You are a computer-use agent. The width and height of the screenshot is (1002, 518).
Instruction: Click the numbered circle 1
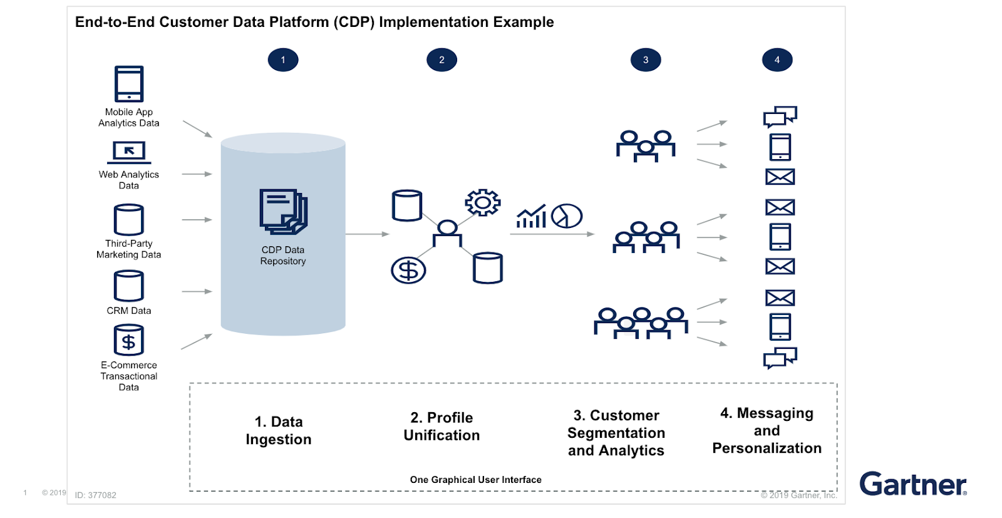point(283,60)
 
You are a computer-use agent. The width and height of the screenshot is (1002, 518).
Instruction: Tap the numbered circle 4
point(777,60)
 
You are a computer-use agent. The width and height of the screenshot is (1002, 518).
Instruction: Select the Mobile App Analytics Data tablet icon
point(129,84)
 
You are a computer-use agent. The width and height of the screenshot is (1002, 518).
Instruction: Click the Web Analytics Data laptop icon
point(129,152)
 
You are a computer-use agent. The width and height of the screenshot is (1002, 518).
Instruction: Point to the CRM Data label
point(128,311)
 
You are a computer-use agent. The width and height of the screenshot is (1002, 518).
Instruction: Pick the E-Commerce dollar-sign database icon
point(129,340)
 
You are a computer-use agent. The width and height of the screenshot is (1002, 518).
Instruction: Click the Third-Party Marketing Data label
point(128,249)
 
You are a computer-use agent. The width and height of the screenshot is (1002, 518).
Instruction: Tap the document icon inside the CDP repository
point(283,212)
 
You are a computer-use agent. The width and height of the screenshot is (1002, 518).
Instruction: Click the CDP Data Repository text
point(283,256)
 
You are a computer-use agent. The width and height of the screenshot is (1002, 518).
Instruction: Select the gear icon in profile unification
point(482,202)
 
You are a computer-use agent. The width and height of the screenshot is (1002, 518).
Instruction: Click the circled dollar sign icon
point(408,271)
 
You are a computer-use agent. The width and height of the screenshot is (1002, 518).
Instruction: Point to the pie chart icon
point(567,216)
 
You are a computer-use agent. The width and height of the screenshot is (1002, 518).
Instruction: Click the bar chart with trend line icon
point(531,217)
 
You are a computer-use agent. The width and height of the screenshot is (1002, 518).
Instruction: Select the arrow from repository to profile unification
point(367,234)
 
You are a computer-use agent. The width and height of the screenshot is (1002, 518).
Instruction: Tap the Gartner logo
point(912,484)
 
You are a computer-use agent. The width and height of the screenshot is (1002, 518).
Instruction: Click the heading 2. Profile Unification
point(442,427)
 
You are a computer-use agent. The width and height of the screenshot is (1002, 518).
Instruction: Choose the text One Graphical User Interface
point(475,480)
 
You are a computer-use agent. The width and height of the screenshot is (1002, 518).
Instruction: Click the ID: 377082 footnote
point(95,495)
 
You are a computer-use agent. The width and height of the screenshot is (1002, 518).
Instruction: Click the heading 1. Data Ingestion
point(279,431)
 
